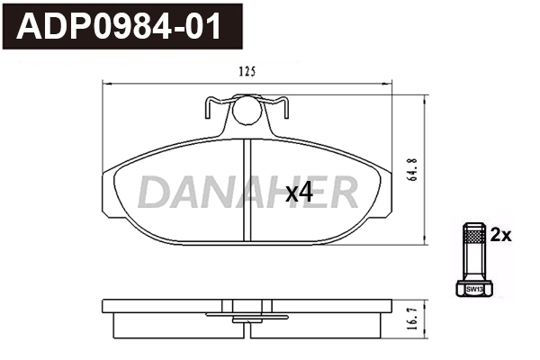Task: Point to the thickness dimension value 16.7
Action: coord(413,318)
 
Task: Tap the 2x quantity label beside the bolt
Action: coord(500,236)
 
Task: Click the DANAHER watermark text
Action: coord(247,192)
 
